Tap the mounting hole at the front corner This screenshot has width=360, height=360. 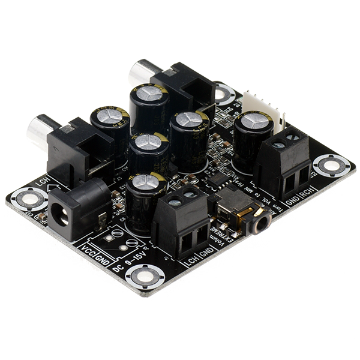pos(145,277)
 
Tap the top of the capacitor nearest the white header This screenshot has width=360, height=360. pos(253,121)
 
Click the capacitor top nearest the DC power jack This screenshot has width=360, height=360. pos(146,183)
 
